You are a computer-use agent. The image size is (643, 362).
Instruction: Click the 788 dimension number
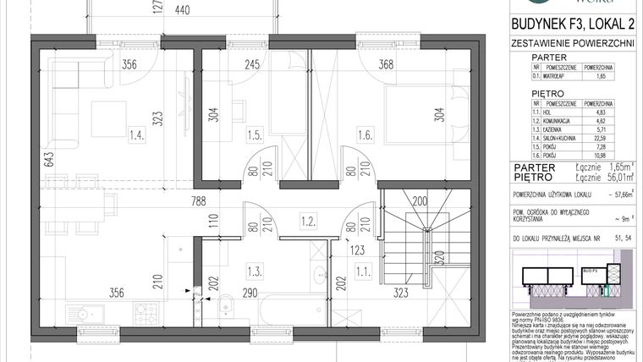(x=197, y=201)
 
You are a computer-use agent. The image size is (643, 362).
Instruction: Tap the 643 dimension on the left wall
(x=26, y=160)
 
